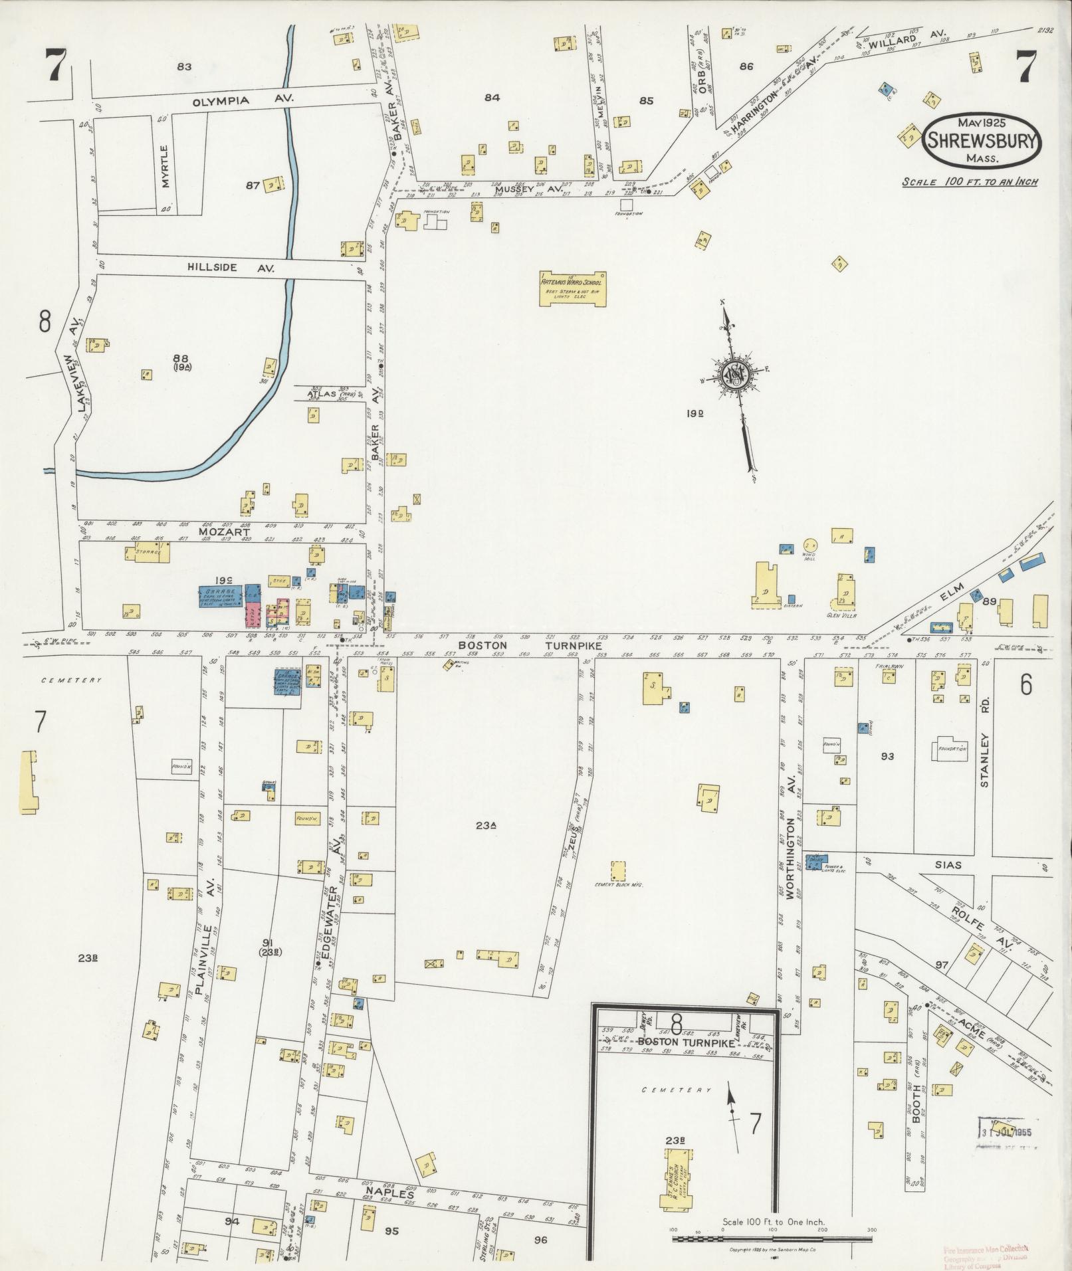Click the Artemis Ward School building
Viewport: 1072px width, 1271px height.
573,288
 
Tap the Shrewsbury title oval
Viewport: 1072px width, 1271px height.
982,140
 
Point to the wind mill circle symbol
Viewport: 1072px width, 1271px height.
809,543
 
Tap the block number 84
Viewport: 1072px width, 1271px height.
492,98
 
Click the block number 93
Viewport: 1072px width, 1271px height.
887,756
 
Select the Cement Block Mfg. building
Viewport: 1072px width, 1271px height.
618,871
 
